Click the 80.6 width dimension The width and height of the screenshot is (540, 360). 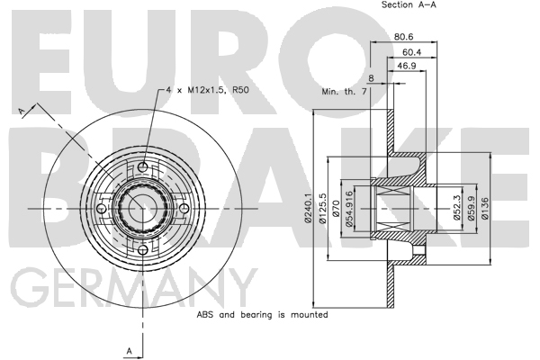[x=403, y=37]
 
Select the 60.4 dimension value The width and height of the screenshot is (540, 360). [x=412, y=52]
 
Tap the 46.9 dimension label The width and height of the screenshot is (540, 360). [x=407, y=66]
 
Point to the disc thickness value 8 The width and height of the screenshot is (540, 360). [x=371, y=78]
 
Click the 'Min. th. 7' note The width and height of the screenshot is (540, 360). [x=344, y=92]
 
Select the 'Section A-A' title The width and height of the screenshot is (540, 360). [x=409, y=4]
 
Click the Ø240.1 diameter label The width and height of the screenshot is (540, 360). [x=308, y=208]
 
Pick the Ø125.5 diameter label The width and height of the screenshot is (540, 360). [x=323, y=208]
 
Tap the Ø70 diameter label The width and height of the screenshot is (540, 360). [x=337, y=209]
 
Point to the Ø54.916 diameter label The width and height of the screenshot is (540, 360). [x=349, y=209]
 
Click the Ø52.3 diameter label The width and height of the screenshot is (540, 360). [x=456, y=208]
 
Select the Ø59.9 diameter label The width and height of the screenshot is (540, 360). [x=471, y=208]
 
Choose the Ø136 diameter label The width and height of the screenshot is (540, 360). [x=485, y=208]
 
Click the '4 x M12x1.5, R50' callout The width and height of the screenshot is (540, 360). [x=207, y=90]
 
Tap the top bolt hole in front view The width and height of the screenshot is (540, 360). [x=143, y=167]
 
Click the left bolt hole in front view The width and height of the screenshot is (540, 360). [x=101, y=209]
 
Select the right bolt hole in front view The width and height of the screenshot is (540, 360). [x=184, y=209]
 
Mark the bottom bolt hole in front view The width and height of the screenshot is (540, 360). [x=142, y=250]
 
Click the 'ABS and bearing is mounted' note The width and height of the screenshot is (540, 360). [x=262, y=314]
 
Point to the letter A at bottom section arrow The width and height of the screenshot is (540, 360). [x=130, y=351]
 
